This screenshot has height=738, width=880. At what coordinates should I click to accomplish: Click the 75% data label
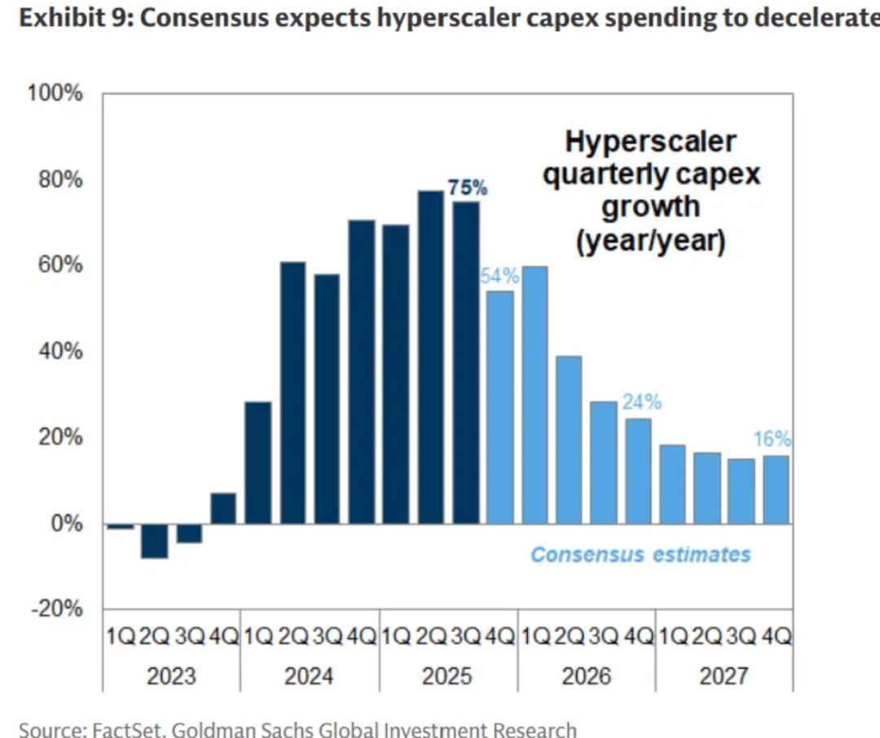click(x=467, y=188)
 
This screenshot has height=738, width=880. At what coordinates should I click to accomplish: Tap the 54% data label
click(x=499, y=275)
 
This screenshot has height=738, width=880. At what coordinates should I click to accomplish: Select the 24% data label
click(x=641, y=402)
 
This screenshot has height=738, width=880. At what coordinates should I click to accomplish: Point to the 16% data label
click(x=772, y=440)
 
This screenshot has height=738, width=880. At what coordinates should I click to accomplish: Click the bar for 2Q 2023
click(x=154, y=541)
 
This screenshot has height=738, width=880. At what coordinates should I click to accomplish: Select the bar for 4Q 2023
click(x=223, y=508)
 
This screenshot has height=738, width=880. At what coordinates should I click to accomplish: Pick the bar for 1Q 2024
click(x=258, y=462)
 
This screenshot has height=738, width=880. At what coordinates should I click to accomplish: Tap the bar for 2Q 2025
click(x=431, y=357)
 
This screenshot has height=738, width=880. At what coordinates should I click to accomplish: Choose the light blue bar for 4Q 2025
click(x=499, y=406)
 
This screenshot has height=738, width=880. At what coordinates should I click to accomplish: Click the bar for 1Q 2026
click(x=535, y=394)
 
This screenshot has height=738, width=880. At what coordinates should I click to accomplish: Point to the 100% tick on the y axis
click(x=56, y=94)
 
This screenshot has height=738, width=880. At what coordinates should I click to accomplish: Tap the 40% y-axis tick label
click(x=59, y=351)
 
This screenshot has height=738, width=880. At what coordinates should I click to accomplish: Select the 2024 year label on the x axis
click(x=309, y=676)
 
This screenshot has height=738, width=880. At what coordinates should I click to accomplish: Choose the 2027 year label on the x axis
click(x=724, y=676)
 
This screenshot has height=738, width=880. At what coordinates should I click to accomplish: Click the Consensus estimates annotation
click(x=640, y=555)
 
